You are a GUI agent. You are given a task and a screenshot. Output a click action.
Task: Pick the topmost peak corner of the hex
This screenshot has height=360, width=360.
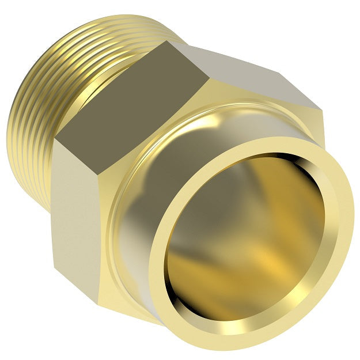pyautogui.click(x=167, y=41)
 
